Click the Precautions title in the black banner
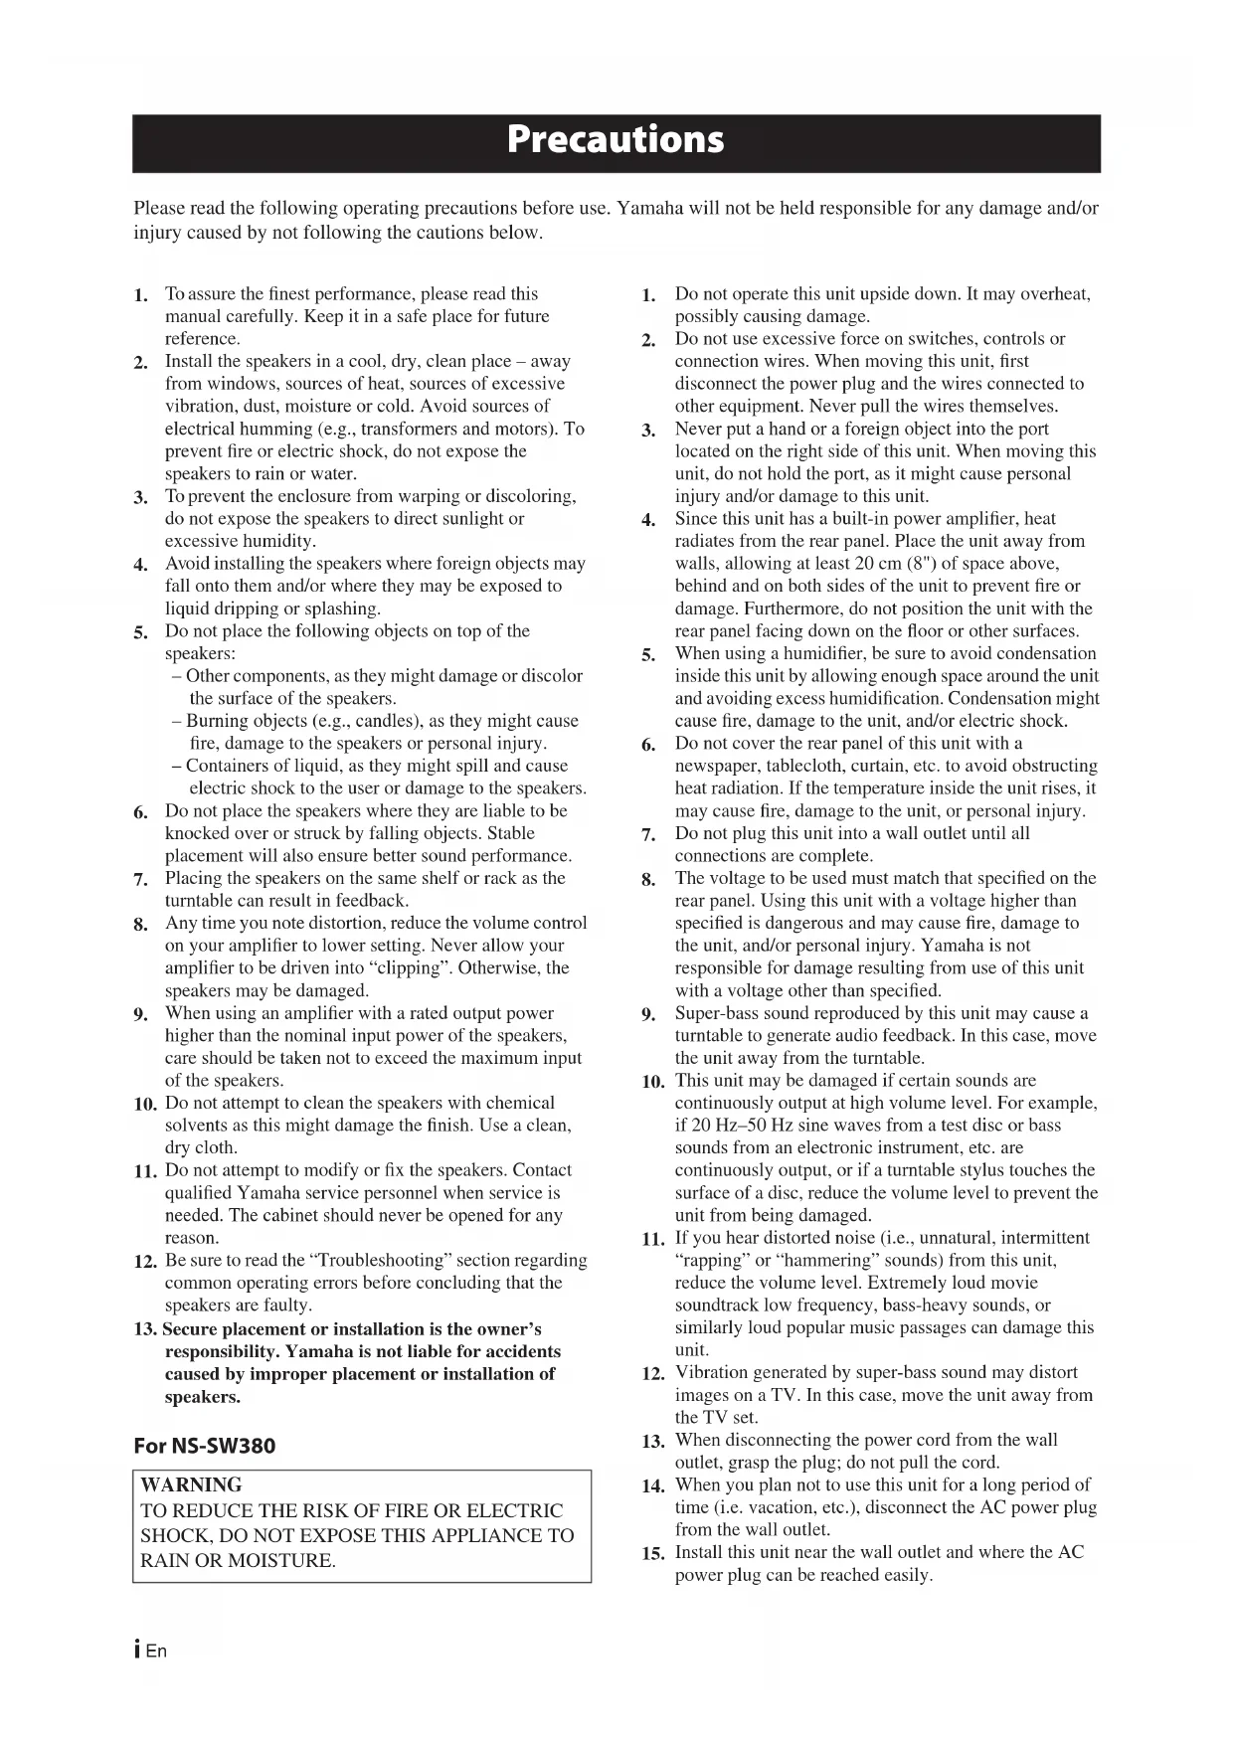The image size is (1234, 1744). coord(616,139)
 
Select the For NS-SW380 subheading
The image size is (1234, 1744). coord(204,1446)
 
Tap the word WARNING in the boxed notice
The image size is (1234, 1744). coord(191,1484)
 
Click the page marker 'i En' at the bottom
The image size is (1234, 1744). coord(149,1651)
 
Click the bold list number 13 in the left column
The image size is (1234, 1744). coord(145,1329)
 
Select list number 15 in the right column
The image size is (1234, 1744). coord(652,1553)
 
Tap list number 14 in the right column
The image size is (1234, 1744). coord(652,1485)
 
